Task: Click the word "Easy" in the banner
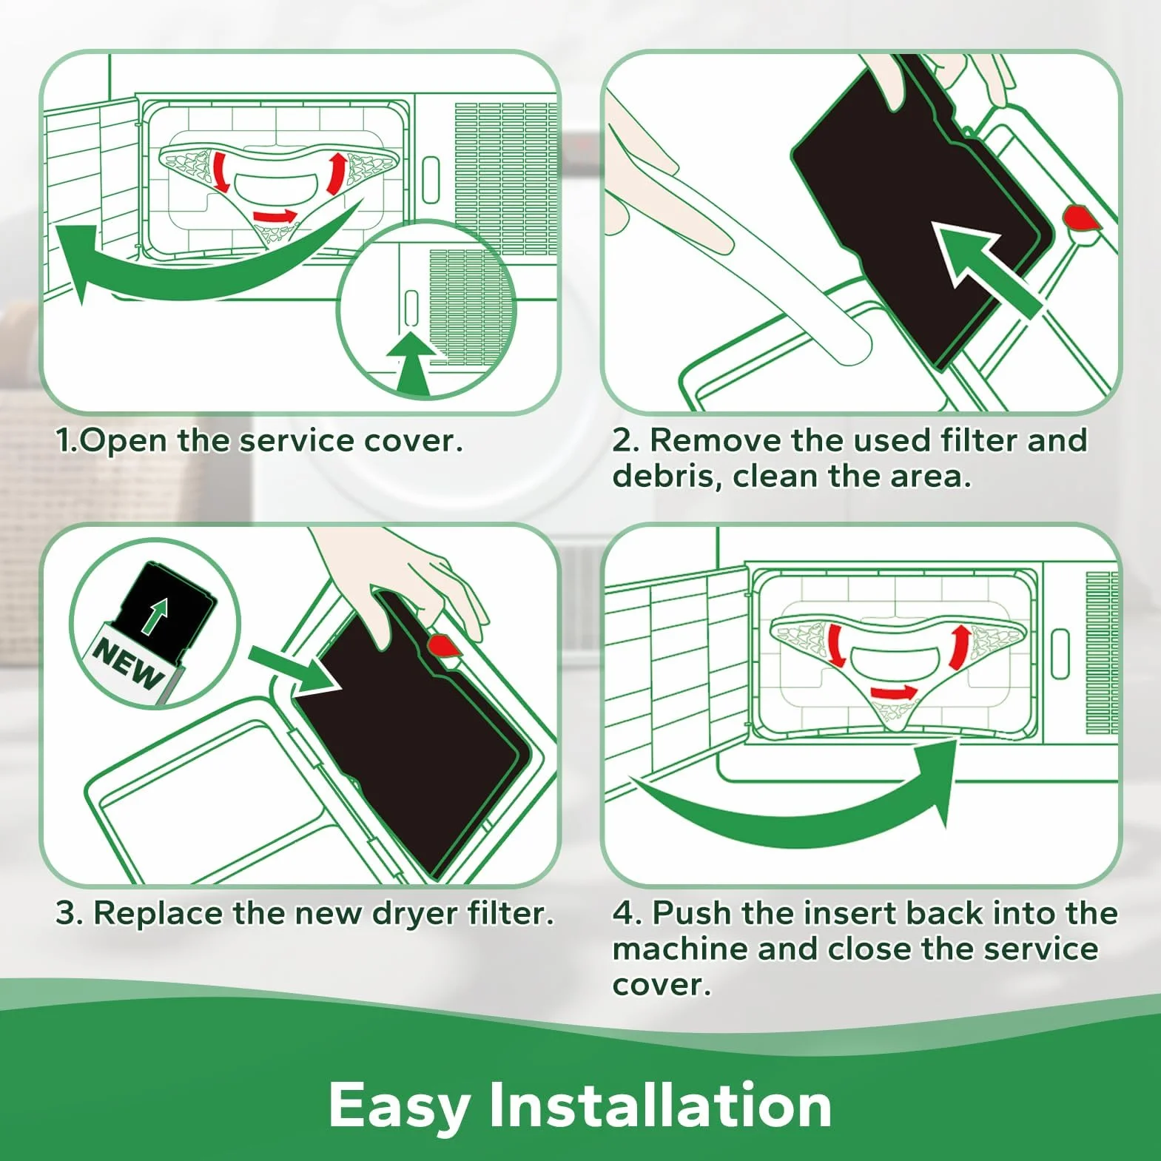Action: [399, 1106]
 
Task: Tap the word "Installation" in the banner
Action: [660, 1104]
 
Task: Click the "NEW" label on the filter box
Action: [128, 662]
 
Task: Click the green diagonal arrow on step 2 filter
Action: [984, 269]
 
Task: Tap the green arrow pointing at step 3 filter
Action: [292, 669]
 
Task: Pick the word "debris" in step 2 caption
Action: [667, 476]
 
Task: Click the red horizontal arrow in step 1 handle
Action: [275, 216]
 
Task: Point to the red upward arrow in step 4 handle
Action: [959, 646]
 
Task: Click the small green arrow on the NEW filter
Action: [155, 616]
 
